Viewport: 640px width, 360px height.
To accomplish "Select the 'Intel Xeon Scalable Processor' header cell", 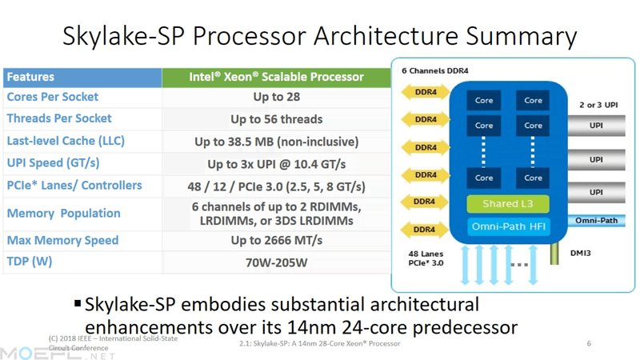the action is click(x=276, y=78).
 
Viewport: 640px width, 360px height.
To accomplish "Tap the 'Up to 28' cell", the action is click(x=276, y=97).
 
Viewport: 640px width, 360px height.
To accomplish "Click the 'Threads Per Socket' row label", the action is click(x=59, y=118).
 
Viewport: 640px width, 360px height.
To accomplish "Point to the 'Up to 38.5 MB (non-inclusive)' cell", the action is click(x=276, y=142).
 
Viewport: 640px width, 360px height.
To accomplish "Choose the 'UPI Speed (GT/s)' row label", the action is click(x=53, y=163).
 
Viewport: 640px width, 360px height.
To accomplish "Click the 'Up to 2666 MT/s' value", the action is click(x=276, y=241).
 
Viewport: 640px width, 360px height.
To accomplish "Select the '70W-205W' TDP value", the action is click(x=276, y=262).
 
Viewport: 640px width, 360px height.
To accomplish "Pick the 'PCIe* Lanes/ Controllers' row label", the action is click(x=74, y=186).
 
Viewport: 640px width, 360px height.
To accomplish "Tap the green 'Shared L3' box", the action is click(x=508, y=204).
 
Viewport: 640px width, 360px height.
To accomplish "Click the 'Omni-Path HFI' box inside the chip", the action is click(x=509, y=226).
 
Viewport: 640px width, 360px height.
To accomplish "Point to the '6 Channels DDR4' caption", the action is click(x=434, y=70).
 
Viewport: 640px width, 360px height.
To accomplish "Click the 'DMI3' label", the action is click(x=581, y=253).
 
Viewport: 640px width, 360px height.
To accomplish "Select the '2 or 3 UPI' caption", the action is click(x=598, y=105).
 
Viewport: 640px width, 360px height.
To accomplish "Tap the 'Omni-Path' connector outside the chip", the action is click(x=596, y=221).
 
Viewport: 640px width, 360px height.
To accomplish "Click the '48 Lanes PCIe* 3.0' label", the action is click(x=426, y=258).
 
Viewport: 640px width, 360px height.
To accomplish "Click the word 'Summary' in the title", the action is click(x=522, y=36).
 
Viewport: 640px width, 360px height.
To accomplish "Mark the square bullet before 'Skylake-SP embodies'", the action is click(x=78, y=303).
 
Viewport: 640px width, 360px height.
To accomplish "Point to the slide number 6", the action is click(x=589, y=343).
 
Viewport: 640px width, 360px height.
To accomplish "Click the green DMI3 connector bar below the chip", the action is click(x=554, y=254).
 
